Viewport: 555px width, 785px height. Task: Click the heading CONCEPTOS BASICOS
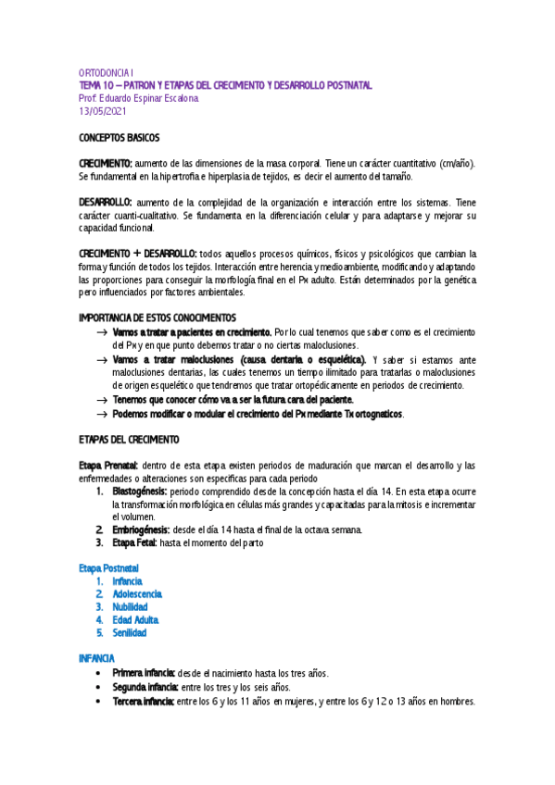[120, 138]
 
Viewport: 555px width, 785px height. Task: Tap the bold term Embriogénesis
[140, 530]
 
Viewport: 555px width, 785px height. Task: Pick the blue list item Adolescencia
[137, 593]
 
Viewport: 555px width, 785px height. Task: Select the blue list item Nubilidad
[131, 606]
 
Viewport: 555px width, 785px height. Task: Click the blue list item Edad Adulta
[135, 619]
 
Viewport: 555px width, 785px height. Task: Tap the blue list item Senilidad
[129, 632]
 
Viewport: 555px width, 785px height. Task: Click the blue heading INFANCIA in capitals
[96, 657]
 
